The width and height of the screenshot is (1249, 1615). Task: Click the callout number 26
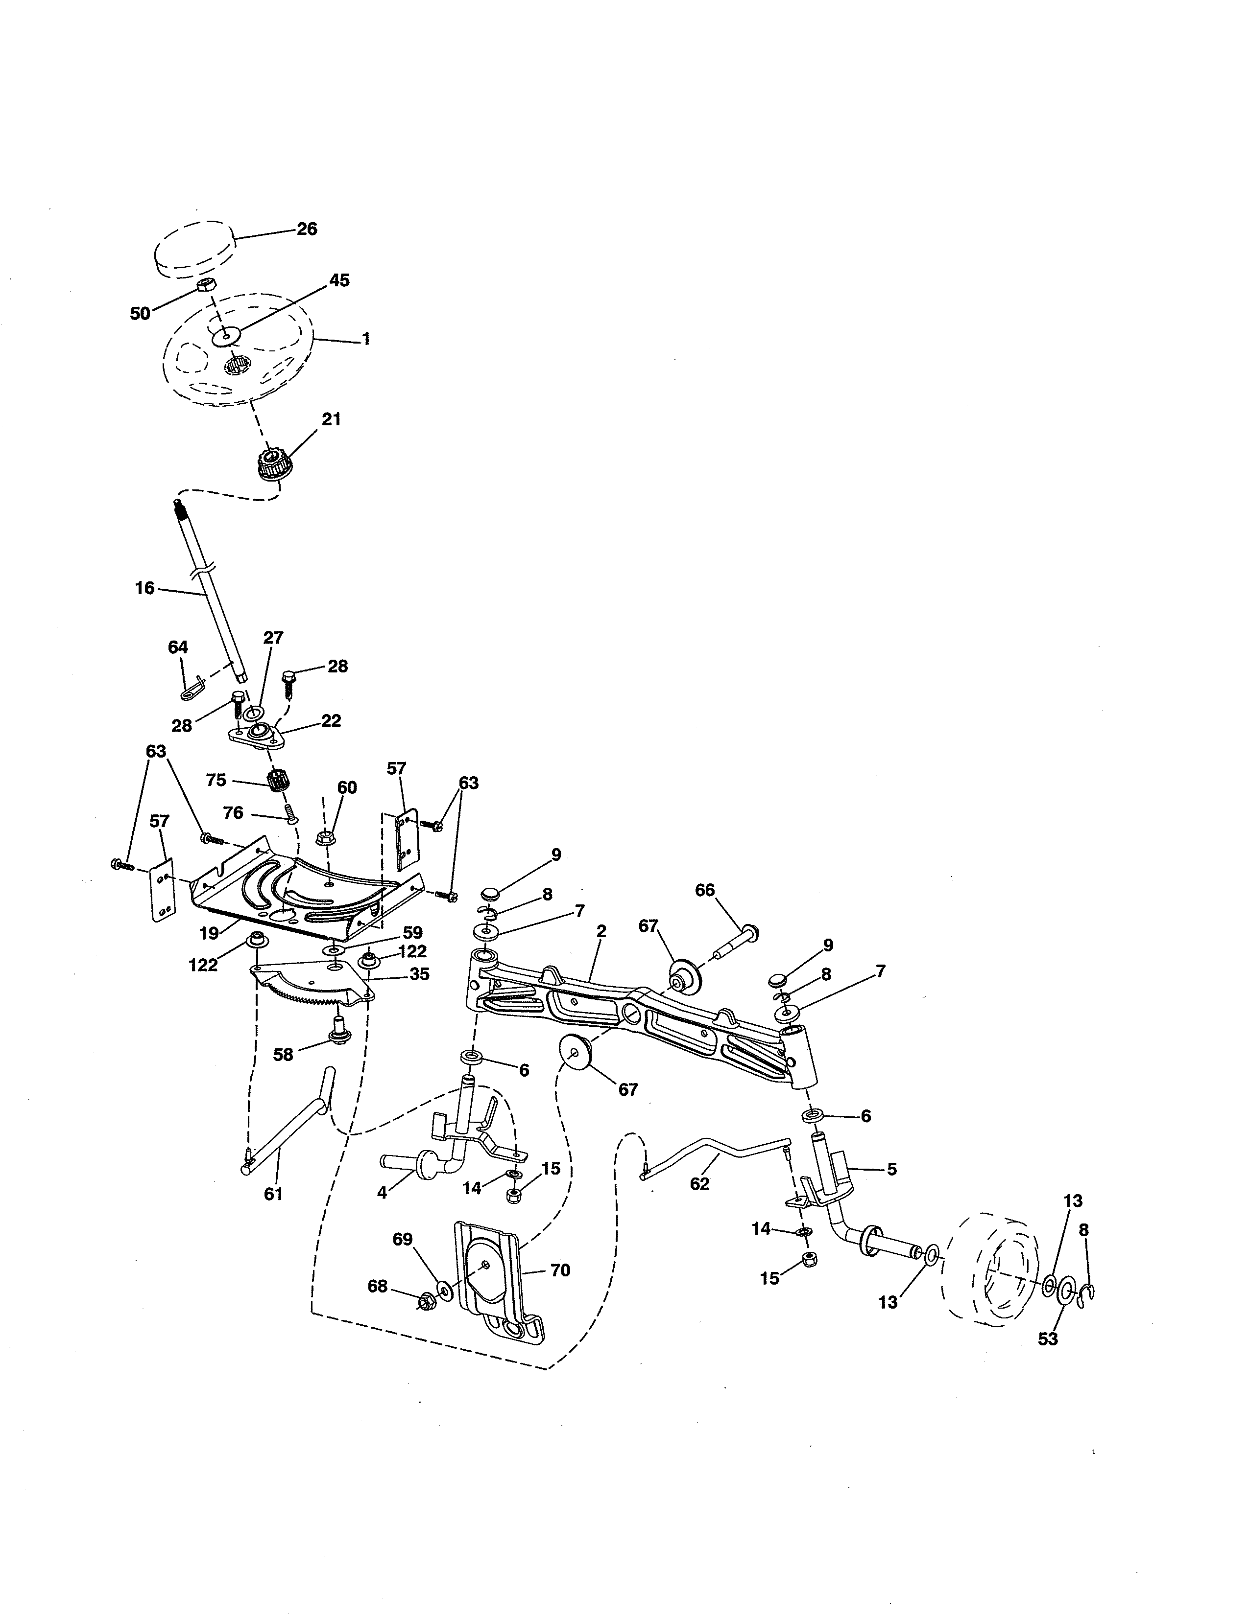click(x=307, y=229)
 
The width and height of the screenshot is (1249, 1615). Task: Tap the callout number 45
click(x=339, y=280)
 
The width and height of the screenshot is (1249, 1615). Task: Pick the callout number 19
click(x=210, y=933)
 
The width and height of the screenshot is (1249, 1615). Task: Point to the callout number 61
click(x=273, y=1194)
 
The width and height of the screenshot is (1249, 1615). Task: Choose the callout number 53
click(x=1048, y=1339)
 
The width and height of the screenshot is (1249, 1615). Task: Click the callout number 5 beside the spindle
click(x=891, y=1169)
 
